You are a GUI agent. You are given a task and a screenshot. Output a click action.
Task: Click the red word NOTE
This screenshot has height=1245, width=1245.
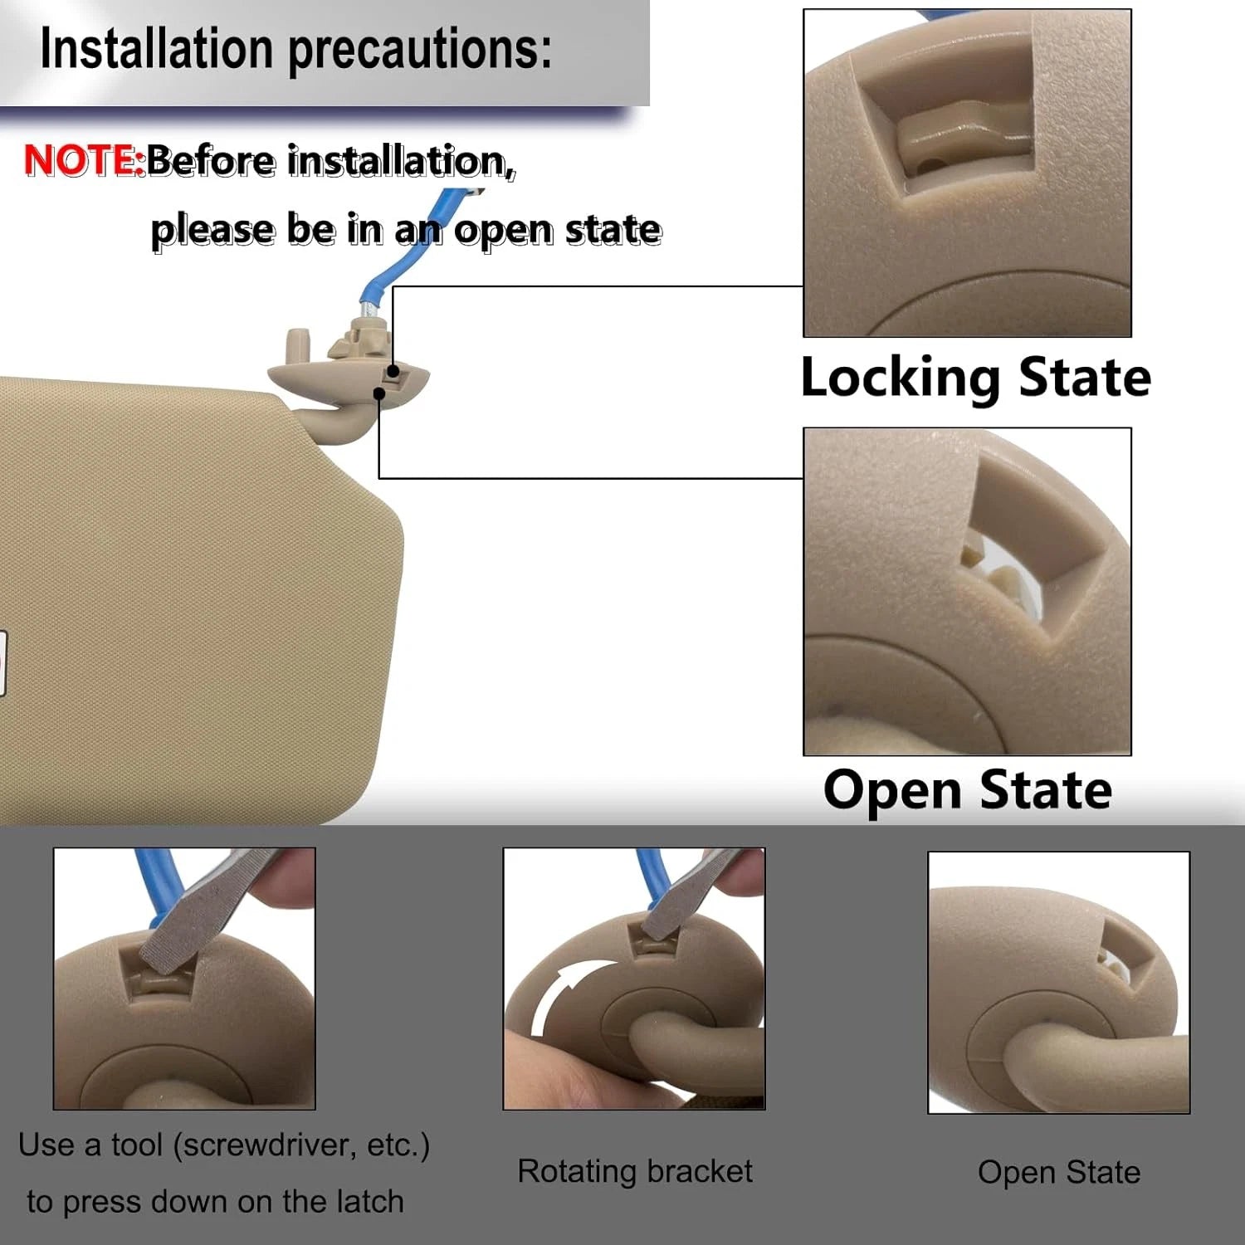85,160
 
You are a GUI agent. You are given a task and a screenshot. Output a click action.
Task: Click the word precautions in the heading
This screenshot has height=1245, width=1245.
419,50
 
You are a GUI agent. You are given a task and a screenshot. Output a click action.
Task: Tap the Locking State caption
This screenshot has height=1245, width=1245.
976,378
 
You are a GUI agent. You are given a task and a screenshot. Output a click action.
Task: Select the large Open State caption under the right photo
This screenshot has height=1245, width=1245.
968,790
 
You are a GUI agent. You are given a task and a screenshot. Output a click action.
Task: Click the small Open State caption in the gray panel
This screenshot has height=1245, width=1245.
1059,1173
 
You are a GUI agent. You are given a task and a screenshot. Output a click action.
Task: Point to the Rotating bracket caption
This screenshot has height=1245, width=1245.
635,1171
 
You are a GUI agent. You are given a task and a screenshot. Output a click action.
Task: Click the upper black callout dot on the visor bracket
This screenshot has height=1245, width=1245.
393,371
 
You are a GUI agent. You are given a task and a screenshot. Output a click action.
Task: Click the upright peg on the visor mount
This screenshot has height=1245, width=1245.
297,347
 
